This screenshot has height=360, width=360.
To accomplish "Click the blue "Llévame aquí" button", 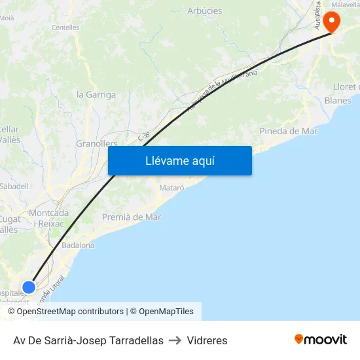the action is tap(179, 160).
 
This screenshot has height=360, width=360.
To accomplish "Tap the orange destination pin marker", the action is tap(331, 21).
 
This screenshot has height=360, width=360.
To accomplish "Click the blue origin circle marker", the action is tap(29, 287).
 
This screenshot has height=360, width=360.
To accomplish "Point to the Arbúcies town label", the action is tap(204, 10).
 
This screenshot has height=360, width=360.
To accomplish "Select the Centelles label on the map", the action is tap(65, 27).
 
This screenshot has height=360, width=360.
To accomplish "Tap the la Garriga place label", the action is tap(96, 94).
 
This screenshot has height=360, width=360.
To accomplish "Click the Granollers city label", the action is tap(96, 143).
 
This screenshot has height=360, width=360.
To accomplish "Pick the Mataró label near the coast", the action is tap(172, 188).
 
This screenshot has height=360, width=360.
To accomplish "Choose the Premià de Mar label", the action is tap(131, 217).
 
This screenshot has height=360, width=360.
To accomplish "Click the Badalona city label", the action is tap(78, 245).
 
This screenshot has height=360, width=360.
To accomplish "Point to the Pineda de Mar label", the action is tap(288, 131).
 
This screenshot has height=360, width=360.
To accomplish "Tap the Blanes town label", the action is tap(338, 100).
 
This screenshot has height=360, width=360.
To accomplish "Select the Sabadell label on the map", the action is tap(14, 186).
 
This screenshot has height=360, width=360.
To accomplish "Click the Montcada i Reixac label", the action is tap(49, 218).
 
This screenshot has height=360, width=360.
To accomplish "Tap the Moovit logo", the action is tap(321, 340).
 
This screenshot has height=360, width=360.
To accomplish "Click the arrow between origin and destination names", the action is tap(175, 340).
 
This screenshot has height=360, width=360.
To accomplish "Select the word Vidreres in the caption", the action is tap(207, 340).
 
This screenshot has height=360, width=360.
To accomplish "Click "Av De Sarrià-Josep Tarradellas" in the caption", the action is tap(88, 340).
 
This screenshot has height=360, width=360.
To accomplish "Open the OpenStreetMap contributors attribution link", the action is tap(70, 312).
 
